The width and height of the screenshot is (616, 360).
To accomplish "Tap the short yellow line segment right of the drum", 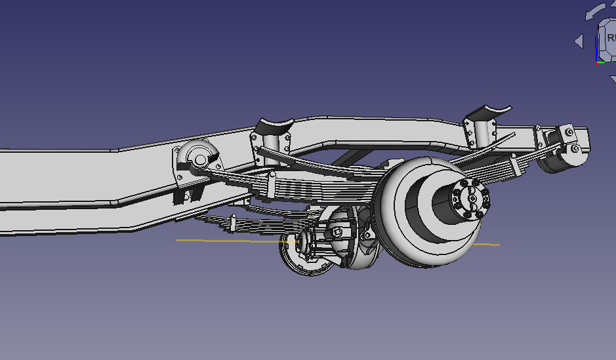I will click(489, 245).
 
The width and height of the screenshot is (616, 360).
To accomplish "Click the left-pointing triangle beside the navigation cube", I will click(579, 41).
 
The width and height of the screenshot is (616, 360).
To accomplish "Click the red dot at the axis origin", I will click(596, 63).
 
